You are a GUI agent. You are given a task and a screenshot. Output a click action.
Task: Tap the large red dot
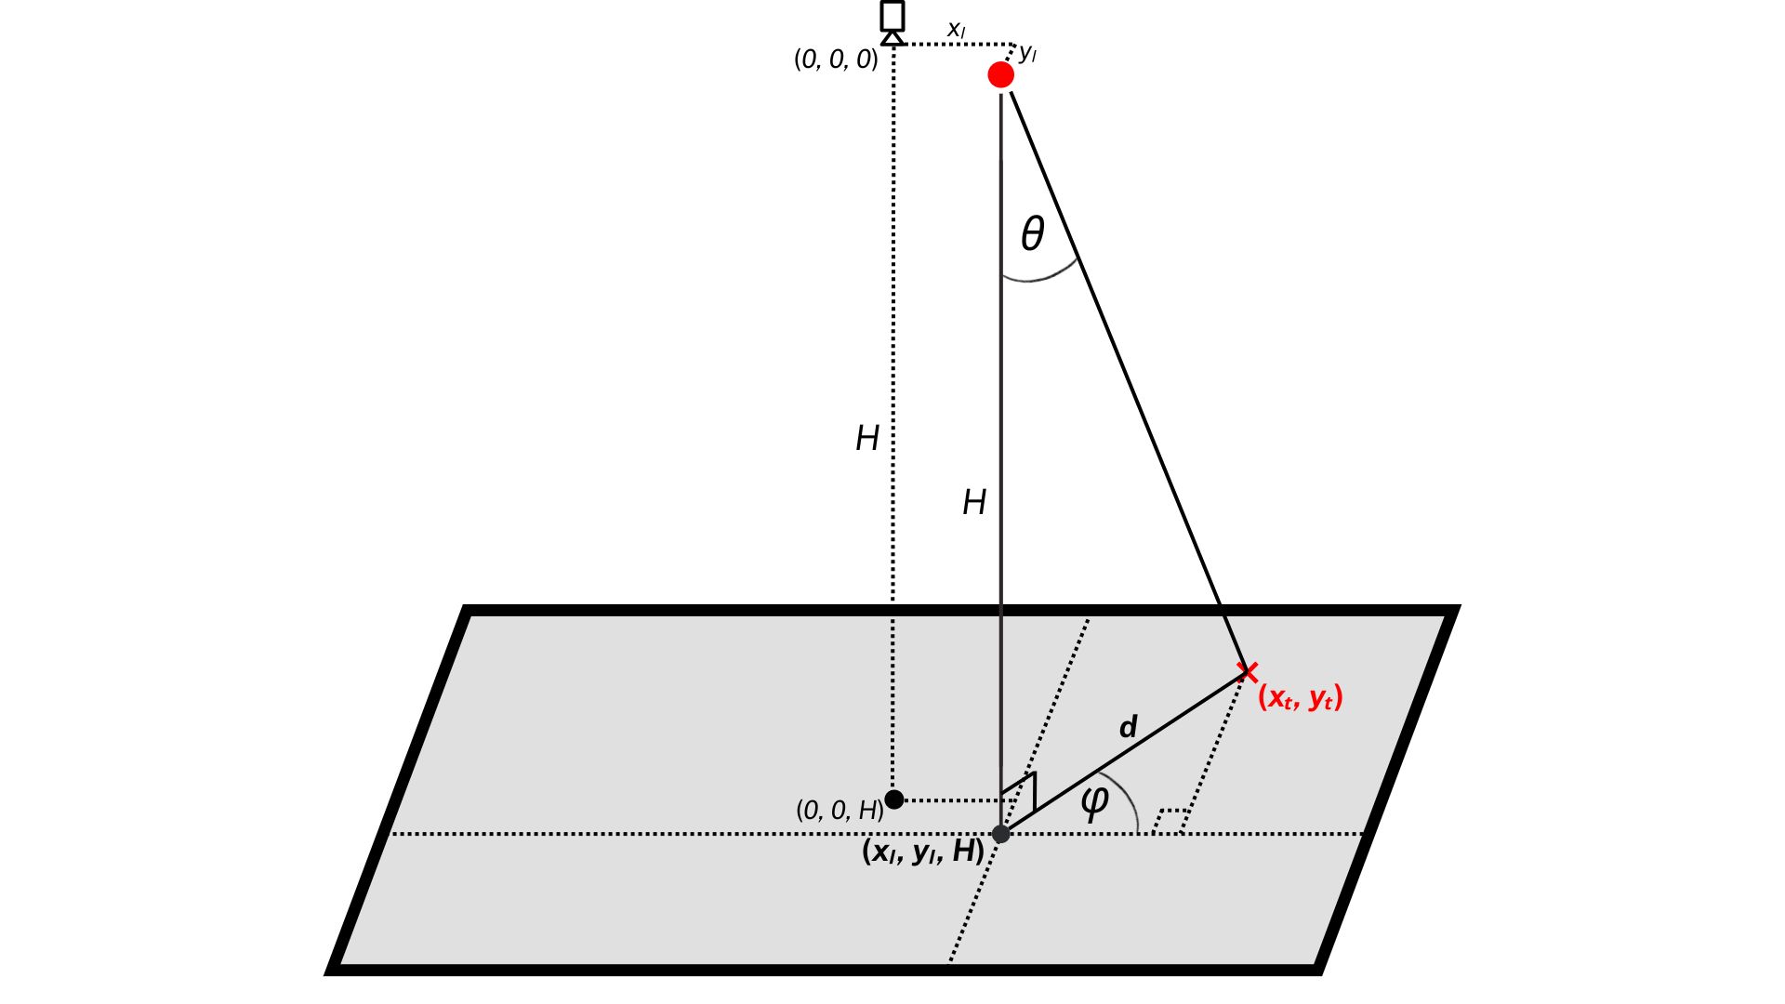1000,74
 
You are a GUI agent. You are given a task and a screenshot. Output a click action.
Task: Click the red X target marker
1248,672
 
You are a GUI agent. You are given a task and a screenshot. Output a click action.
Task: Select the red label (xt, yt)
1300,697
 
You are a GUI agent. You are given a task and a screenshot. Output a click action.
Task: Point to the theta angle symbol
1033,233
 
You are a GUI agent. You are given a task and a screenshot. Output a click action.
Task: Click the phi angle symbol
1094,801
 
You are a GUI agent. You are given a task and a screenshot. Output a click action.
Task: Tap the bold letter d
1128,726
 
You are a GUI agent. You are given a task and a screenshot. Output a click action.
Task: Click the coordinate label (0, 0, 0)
836,59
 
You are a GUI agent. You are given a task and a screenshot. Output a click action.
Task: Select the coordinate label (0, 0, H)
840,811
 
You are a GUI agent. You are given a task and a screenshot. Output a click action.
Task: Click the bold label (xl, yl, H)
923,852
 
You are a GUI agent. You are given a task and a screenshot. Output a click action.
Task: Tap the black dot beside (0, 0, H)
894,799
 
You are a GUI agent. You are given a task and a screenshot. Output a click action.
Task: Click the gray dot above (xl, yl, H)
1001,834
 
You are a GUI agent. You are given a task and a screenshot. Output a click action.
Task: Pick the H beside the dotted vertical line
867,438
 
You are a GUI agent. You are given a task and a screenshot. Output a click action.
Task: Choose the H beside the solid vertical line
974,503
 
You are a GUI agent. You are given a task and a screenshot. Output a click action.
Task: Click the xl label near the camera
956,30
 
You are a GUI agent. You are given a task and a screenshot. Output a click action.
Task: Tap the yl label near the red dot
1027,53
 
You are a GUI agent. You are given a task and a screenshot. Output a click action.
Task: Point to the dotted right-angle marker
1169,819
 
